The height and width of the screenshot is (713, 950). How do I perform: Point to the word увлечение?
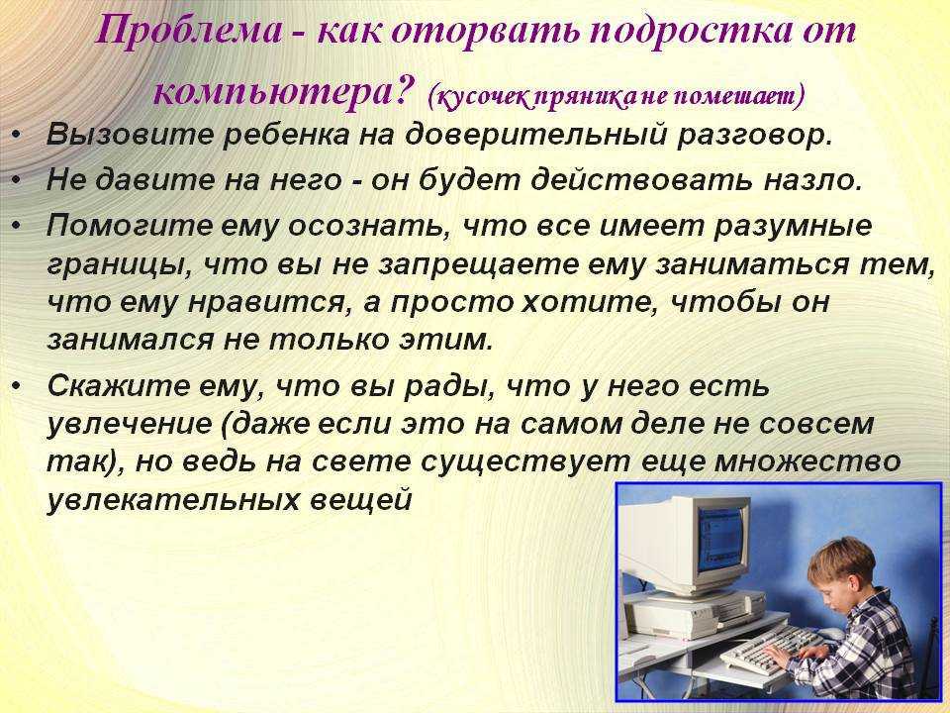130,425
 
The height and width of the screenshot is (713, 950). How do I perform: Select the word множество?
807,462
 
